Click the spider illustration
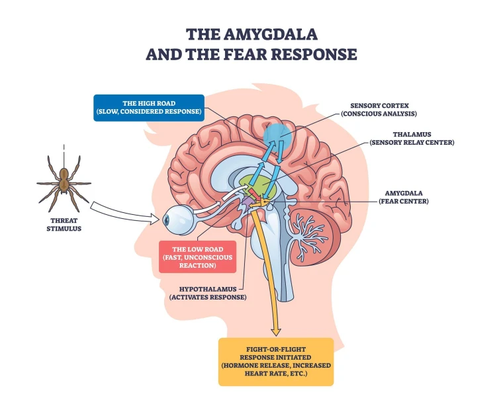64,178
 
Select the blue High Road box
149,106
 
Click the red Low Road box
198,256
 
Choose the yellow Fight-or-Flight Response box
275,360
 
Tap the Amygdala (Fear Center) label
403,197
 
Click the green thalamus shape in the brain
254,182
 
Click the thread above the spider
64,151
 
